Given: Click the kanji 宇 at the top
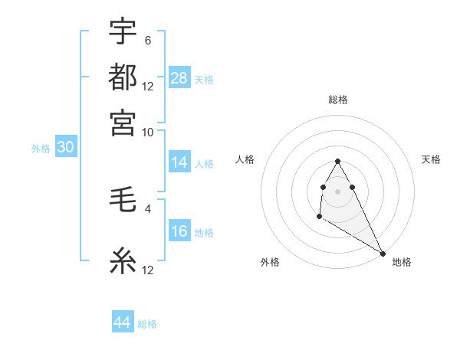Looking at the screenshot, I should click(x=123, y=34).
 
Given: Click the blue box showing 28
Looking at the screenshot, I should click(x=179, y=77).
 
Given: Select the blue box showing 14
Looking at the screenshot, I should click(x=179, y=162).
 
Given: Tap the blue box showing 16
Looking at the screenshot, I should click(x=179, y=232).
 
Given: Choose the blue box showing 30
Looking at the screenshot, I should click(x=65, y=148).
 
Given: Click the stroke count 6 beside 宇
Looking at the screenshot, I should click(x=147, y=41).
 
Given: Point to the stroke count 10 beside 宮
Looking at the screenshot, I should click(x=148, y=131).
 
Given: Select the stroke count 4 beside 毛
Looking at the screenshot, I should click(x=147, y=208).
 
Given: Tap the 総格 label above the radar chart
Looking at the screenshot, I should click(x=337, y=100).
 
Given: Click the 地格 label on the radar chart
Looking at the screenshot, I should click(x=402, y=262).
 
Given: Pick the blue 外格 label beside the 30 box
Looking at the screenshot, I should click(x=41, y=149).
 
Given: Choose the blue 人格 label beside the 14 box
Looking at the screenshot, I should click(x=204, y=163).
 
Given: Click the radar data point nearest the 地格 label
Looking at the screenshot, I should click(x=383, y=254).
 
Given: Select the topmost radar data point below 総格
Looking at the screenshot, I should click(x=337, y=161).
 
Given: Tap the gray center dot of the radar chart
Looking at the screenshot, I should click(x=337, y=190).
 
